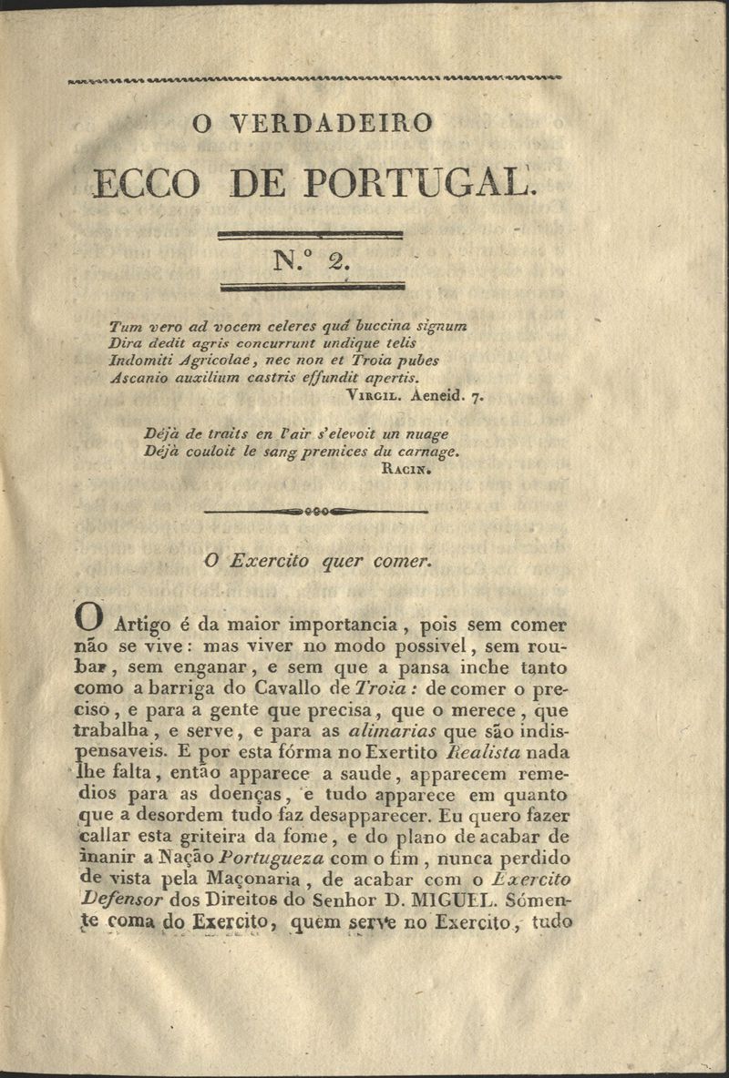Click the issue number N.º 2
[x=312, y=262]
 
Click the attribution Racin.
[x=400, y=471]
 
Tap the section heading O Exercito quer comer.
[x=316, y=562]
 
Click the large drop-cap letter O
[x=93, y=620]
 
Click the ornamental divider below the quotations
[x=315, y=512]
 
